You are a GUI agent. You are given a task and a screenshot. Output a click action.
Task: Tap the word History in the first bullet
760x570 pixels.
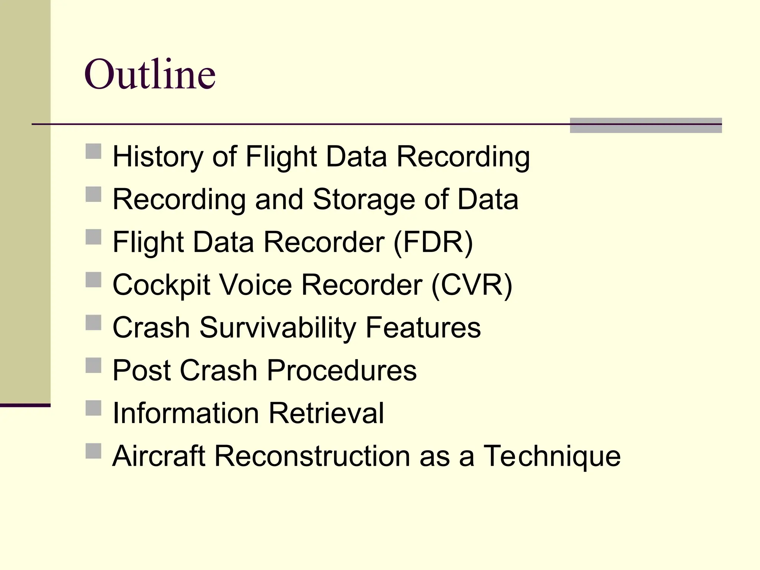coord(158,157)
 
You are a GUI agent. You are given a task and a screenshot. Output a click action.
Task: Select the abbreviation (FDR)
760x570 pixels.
coord(433,242)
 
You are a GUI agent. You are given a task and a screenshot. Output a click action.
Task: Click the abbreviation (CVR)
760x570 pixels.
coord(472,285)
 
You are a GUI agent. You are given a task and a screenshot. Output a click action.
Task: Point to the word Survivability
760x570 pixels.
coord(278,328)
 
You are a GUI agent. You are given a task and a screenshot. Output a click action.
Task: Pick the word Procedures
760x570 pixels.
coord(342,370)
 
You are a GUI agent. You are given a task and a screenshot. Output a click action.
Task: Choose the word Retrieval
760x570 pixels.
coord(326,413)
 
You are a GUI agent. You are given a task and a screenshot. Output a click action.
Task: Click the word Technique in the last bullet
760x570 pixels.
coord(552,456)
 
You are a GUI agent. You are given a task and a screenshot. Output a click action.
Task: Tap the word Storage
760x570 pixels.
coord(364,200)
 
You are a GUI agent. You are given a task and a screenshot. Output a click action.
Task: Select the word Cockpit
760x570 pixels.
coord(161,285)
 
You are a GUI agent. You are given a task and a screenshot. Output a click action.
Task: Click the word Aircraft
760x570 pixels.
coord(159,456)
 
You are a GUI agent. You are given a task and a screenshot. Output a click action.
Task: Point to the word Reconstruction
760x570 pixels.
coord(312,456)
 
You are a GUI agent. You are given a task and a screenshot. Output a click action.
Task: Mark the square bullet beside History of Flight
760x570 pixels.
coord(94,151)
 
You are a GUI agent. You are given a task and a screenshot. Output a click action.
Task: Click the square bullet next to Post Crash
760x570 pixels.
coord(94,365)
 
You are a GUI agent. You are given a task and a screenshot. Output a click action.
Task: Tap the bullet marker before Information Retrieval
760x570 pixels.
coord(94,408)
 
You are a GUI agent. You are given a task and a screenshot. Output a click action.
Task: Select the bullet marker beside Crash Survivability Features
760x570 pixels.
coord(94,322)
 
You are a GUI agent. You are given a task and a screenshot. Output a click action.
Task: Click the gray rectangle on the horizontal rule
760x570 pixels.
coord(646,125)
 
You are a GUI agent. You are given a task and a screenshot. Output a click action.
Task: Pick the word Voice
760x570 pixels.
coord(256,285)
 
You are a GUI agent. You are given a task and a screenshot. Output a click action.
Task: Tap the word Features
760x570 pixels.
coord(423,328)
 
